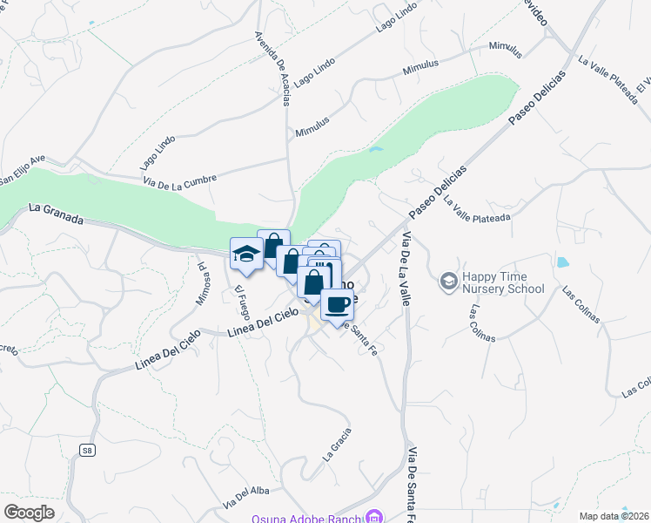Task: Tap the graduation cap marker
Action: point(246,254)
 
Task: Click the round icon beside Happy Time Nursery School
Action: point(448,281)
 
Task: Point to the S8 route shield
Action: point(87,450)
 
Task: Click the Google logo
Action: point(29,513)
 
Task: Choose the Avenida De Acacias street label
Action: point(272,69)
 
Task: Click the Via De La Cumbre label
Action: point(179,179)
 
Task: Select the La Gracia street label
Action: point(337,444)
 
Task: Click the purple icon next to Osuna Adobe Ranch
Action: point(374,517)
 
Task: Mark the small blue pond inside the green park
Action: point(375,150)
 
